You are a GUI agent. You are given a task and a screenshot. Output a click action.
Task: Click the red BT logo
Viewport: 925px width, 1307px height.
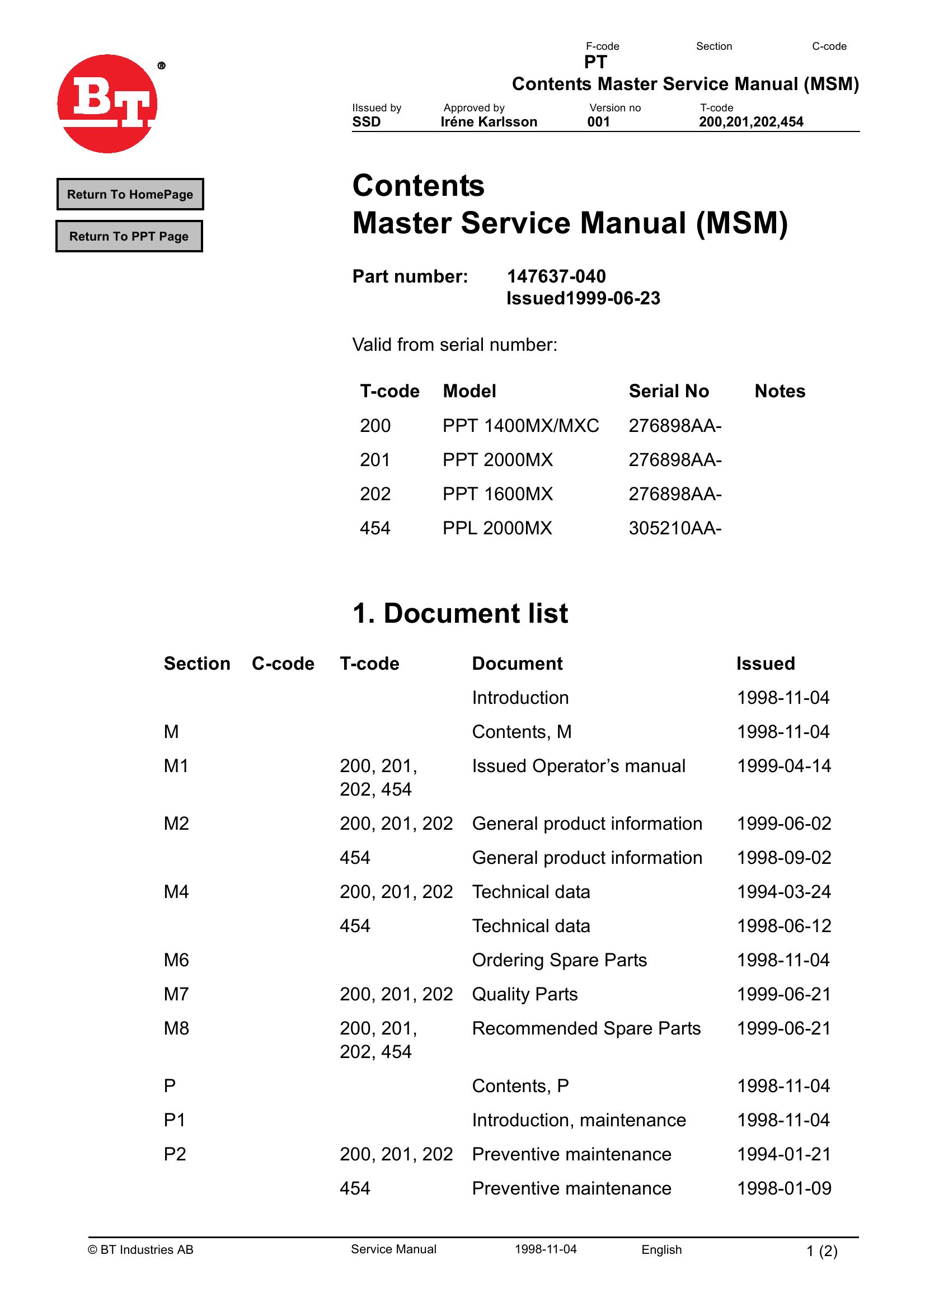click(x=107, y=104)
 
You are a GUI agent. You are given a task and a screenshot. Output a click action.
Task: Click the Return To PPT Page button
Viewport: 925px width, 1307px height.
click(x=129, y=236)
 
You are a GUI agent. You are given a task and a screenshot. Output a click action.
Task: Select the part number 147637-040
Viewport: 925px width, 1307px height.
click(x=556, y=276)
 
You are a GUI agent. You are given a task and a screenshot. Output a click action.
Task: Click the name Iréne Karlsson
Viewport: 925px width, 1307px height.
click(x=488, y=122)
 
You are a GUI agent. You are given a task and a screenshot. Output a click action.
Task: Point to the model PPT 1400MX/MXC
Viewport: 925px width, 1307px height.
click(x=520, y=426)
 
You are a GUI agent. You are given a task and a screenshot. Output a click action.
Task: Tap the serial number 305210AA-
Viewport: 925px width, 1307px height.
click(x=674, y=529)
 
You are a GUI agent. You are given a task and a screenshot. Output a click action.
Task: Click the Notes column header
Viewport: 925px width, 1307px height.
click(x=779, y=391)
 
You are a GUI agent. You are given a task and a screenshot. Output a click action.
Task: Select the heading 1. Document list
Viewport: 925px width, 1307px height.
click(x=459, y=613)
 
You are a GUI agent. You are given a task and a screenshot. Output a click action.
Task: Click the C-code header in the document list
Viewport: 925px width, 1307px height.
click(x=283, y=664)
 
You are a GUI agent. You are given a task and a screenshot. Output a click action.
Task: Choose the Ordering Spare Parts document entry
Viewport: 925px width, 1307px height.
click(x=559, y=960)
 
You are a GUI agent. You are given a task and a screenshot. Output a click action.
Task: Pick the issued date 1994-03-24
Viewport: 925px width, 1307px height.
click(x=784, y=892)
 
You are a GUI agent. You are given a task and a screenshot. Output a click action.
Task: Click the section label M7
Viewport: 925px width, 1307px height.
click(x=176, y=994)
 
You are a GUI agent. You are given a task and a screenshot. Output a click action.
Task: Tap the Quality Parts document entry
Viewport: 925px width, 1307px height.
click(x=524, y=994)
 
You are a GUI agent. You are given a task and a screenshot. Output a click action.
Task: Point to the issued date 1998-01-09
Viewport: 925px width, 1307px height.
click(x=784, y=1188)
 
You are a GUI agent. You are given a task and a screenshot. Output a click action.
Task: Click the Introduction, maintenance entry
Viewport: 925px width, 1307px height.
click(x=579, y=1120)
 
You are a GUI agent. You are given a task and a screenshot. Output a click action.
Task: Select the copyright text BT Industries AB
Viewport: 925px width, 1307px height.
click(x=140, y=1249)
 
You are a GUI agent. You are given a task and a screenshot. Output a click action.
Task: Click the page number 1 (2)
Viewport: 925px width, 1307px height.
click(x=821, y=1251)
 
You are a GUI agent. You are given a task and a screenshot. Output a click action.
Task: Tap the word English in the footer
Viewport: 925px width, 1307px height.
click(x=661, y=1249)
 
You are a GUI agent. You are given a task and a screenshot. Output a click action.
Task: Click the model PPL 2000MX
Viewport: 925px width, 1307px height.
click(x=497, y=529)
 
